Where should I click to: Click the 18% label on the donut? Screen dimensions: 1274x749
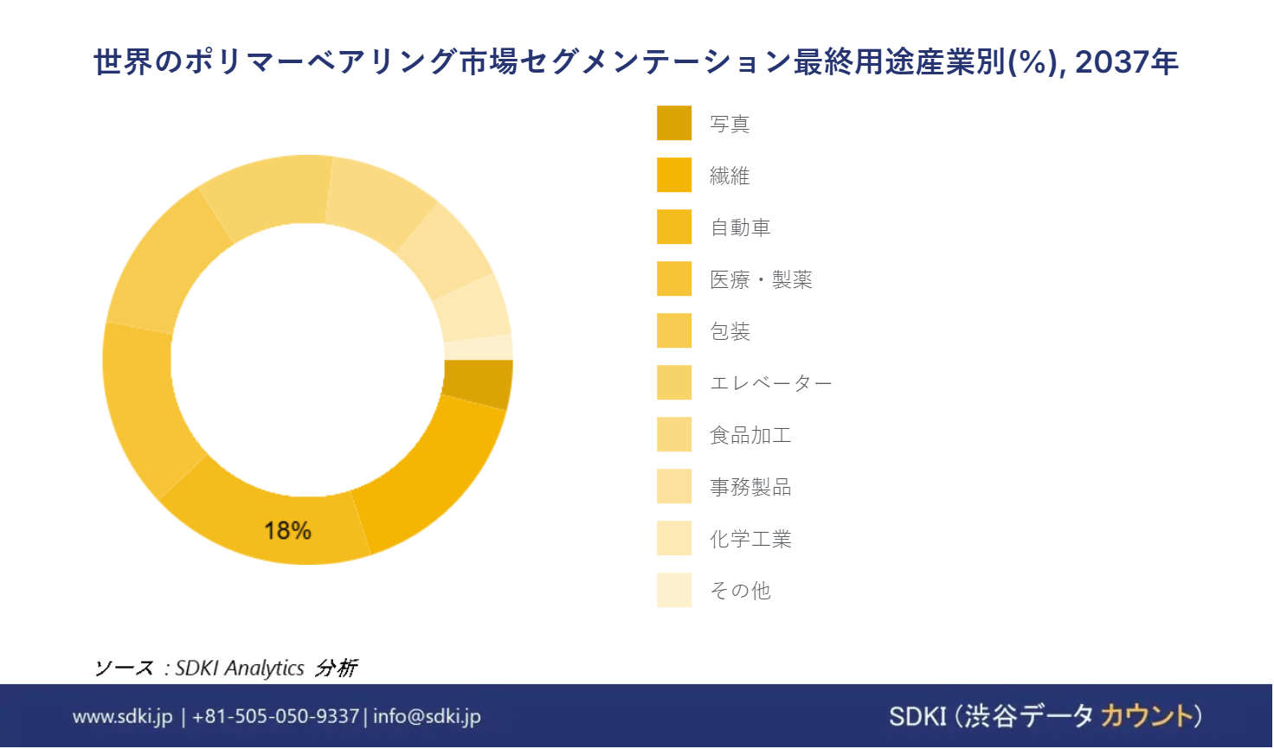coord(288,531)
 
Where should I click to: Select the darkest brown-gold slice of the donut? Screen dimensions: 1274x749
coord(479,384)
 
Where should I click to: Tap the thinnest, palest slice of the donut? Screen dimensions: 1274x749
coord(479,347)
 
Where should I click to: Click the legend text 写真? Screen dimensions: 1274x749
coord(730,124)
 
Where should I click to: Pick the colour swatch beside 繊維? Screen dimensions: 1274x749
coord(674,175)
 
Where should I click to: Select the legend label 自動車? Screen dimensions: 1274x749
coord(740,227)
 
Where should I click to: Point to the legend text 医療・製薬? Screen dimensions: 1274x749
coord(761,279)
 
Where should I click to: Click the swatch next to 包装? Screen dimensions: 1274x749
coord(674,330)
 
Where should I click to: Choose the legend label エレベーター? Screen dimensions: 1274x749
coord(770,383)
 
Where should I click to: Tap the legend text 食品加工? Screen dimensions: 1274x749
coord(750,435)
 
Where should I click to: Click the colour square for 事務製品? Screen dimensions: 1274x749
coord(674,486)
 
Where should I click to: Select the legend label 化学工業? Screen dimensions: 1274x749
coord(750,539)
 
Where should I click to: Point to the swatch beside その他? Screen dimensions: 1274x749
coord(674,590)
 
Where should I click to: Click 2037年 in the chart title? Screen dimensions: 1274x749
coord(1127,62)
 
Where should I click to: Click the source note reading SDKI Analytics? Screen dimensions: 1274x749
coord(240,669)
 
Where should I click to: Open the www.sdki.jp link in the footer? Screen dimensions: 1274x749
coord(122,716)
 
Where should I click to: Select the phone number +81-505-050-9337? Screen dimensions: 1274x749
coord(276,716)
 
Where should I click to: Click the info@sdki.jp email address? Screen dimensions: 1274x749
coord(428,716)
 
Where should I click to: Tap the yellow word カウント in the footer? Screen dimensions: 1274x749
coord(1147,715)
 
